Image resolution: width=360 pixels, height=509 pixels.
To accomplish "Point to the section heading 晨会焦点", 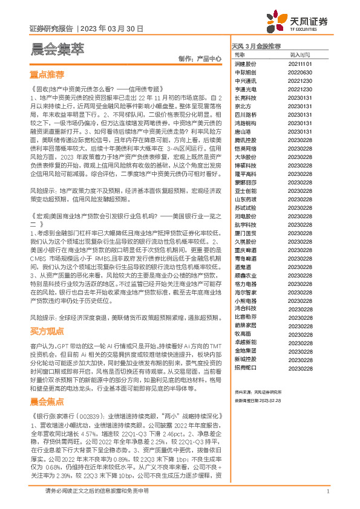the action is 47,401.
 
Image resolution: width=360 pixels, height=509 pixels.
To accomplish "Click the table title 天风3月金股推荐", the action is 256,46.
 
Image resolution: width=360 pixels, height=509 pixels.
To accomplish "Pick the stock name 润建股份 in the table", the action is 245,63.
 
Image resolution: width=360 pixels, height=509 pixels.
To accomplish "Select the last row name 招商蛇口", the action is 245,368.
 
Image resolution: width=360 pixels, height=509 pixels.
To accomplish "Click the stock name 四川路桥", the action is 245,114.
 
